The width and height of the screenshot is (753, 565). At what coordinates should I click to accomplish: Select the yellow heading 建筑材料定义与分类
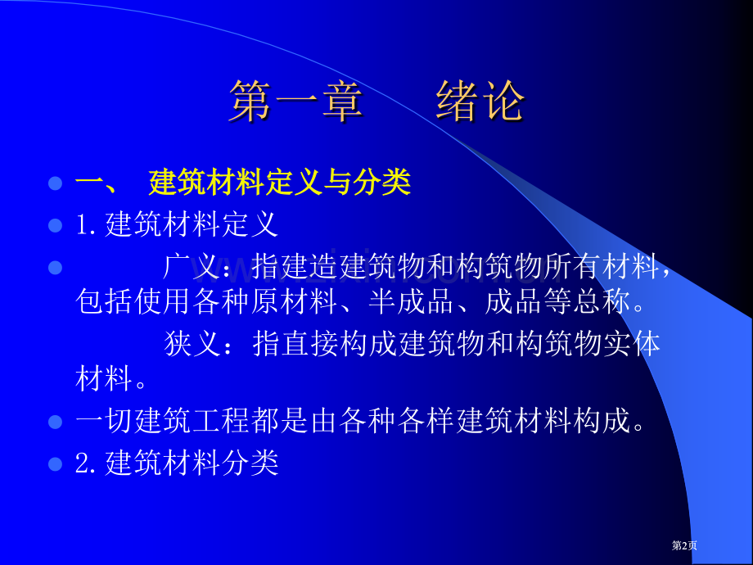tap(279, 183)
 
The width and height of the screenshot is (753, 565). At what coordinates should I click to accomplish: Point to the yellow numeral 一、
tap(97, 183)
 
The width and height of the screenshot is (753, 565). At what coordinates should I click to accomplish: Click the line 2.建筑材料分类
tap(177, 463)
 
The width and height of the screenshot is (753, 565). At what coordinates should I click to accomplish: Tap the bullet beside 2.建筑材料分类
tap(55, 463)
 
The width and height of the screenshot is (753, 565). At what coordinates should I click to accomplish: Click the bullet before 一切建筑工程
tap(55, 423)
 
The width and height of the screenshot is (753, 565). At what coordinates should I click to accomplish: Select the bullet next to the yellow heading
tap(55, 183)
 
